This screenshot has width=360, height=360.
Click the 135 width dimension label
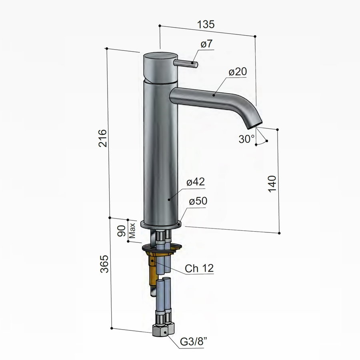click(206, 24)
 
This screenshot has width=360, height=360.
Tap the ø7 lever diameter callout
click(206, 45)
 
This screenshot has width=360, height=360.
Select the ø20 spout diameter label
click(238, 72)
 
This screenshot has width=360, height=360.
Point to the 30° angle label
click(246, 139)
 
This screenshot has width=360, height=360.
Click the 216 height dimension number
click(103, 138)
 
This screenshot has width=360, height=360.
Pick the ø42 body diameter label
click(196, 182)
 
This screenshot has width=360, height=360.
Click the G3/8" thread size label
click(195, 343)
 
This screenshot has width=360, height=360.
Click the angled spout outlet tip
click(253, 124)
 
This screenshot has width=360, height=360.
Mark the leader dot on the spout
click(214, 95)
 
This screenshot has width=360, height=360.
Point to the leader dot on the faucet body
click(170, 198)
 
